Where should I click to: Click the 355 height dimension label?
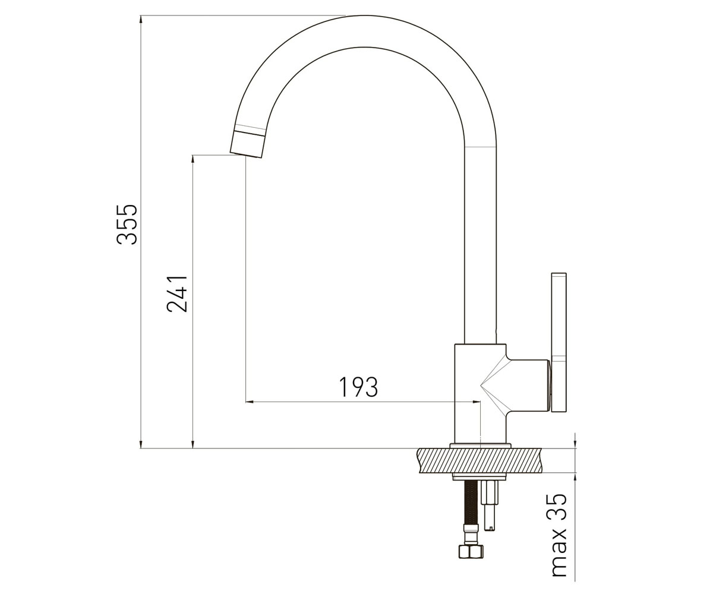(127, 225)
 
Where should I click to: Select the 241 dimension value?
(177, 293)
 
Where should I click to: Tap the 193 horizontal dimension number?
(358, 387)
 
